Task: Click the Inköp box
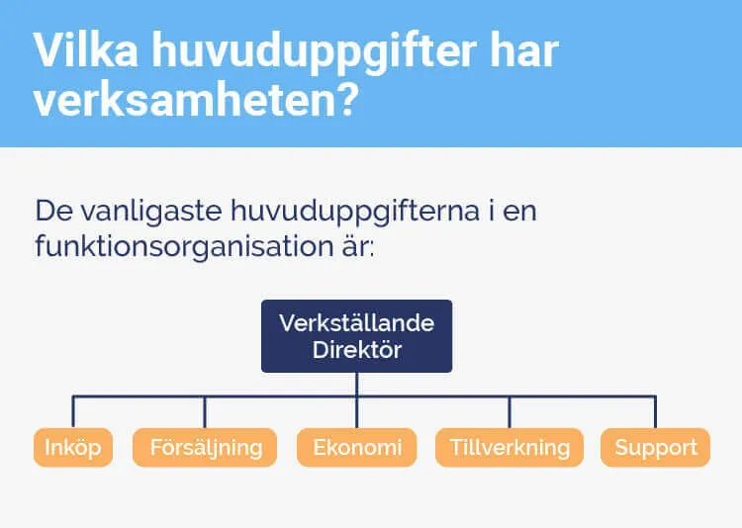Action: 73,447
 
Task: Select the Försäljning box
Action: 206,447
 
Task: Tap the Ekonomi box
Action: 357,447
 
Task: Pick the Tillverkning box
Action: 510,447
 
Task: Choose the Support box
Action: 655,447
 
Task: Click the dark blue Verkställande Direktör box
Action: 356,336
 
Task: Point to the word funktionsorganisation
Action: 188,246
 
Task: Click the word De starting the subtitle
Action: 51,211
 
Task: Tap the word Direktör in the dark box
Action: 356,350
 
